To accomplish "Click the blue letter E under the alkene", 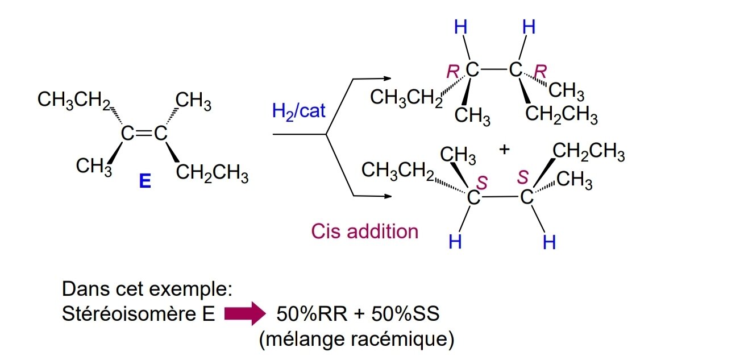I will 145,182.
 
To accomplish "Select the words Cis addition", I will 364,231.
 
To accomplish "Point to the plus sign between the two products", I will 504,150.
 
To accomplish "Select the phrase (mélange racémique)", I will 356,340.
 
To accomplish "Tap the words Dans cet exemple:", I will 147,289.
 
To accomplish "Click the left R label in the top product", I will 452,72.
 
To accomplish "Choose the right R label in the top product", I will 541,72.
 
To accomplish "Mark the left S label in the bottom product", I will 481,182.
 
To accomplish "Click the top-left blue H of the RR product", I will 460,27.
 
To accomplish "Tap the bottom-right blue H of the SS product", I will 548,243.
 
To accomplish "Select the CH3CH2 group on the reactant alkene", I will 74,100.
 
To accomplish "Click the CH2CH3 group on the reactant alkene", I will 211,173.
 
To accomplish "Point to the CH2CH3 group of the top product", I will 561,116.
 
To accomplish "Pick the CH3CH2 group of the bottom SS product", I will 398,169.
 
